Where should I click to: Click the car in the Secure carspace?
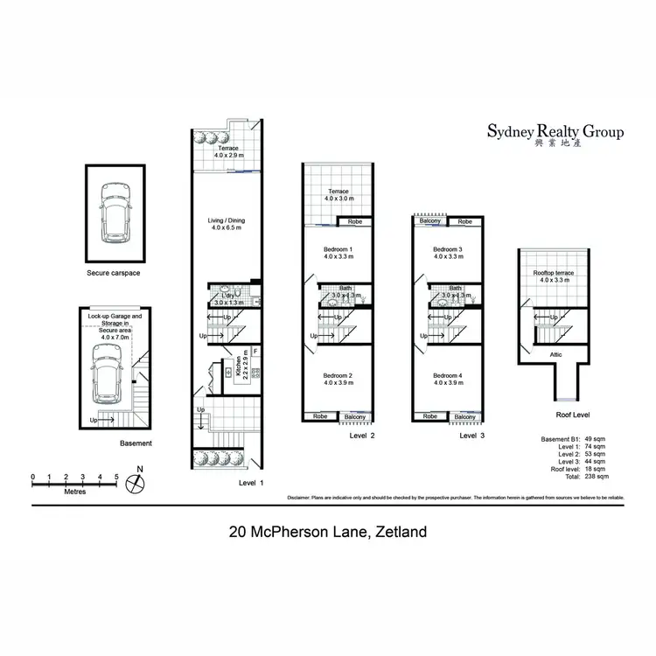coord(114,213)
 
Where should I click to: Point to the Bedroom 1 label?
coord(338,253)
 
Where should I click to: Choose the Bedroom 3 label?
coord(448,253)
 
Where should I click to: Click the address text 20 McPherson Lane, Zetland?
coord(327,530)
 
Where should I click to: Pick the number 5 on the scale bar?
coord(115,478)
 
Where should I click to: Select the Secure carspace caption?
coord(114,273)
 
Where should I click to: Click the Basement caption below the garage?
coord(136,443)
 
